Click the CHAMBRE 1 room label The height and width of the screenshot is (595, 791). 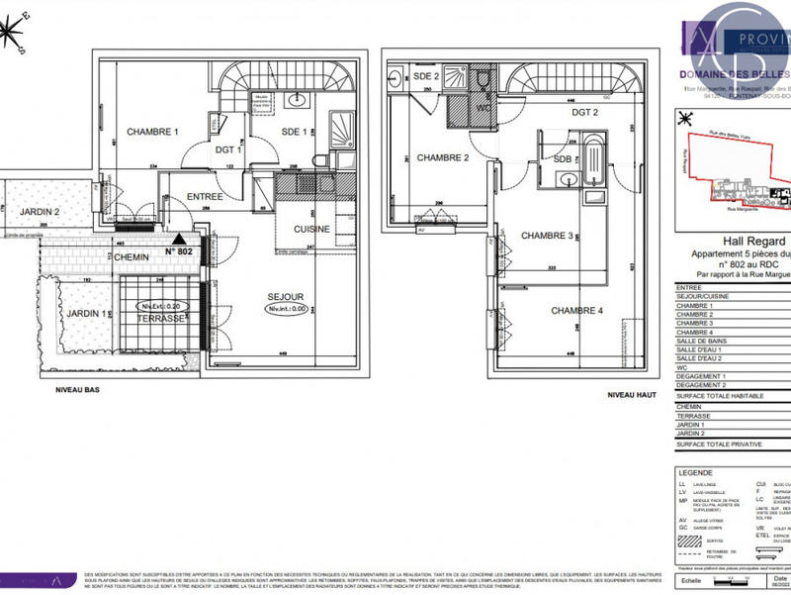[x=152, y=132]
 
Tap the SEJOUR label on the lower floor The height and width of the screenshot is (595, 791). [x=285, y=296]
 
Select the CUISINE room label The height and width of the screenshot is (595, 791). [x=311, y=229]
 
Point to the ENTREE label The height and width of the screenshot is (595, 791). [x=205, y=197]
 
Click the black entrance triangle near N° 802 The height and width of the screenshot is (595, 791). [x=179, y=239]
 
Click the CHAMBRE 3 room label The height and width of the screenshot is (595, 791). [x=548, y=236]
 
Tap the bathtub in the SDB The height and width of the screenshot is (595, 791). [x=593, y=163]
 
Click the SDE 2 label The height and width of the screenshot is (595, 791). [x=425, y=76]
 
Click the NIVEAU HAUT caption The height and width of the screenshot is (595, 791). [x=633, y=395]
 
